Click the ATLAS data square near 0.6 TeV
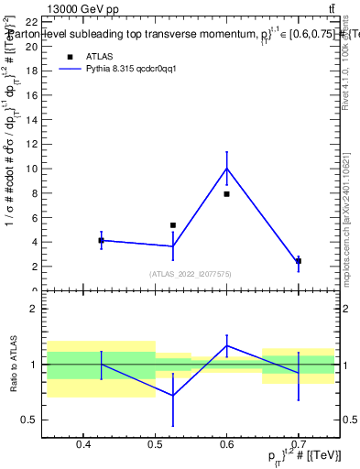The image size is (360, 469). [226, 194]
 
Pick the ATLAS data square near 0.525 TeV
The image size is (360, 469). [173, 225]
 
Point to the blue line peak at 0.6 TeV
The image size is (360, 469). [226, 168]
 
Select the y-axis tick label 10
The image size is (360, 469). [32, 169]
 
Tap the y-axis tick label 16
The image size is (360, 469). [32, 94]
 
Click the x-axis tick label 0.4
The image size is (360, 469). [83, 444]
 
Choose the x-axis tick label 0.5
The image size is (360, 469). [155, 444]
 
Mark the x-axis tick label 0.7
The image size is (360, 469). [299, 444]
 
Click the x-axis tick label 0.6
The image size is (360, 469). [226, 444]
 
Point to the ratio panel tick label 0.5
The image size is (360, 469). [30, 420]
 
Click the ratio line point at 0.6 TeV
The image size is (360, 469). [226, 345]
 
